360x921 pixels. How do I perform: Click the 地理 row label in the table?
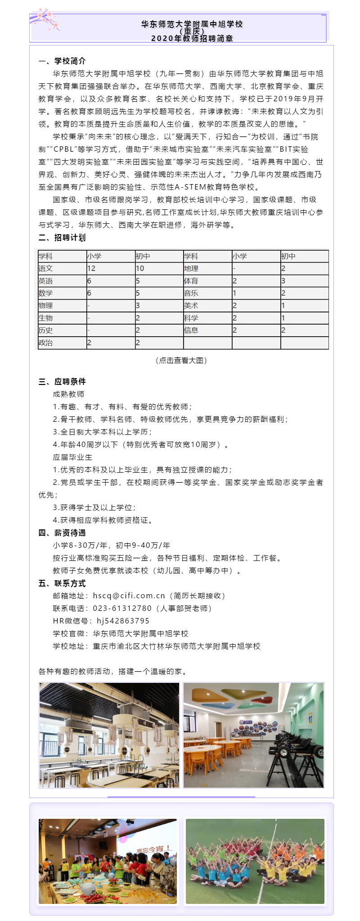pos(191,268)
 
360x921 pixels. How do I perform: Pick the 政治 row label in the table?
pos(46,343)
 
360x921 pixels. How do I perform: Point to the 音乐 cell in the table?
pos(191,293)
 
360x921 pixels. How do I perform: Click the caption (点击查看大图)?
pos(181,361)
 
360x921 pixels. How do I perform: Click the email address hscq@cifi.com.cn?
pos(129,596)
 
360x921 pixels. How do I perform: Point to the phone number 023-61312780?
pos(122,608)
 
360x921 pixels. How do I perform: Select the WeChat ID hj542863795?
pos(123,621)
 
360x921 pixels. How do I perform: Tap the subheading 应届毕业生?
pos(72,457)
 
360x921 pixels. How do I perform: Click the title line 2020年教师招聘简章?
pos(192,39)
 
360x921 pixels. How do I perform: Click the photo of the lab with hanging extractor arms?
pos(109,735)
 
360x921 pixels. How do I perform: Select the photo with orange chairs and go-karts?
pos(253,735)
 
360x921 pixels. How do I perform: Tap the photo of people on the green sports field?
pos(255,861)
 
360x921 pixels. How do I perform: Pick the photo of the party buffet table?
pos(108,861)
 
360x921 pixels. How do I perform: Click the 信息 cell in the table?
pos(191,330)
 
